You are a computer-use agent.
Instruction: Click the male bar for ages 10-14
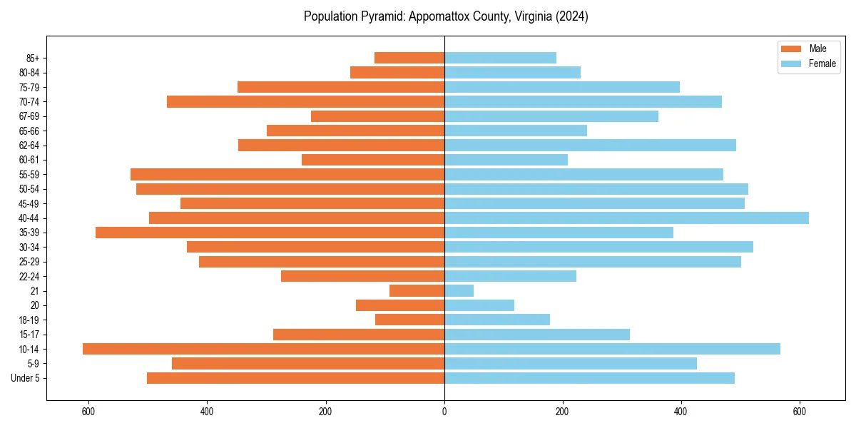263,349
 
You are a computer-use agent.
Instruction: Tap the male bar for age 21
417,291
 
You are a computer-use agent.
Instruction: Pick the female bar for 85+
500,58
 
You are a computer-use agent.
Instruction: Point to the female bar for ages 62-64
590,146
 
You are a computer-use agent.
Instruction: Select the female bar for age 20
479,305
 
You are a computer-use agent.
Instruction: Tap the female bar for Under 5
589,378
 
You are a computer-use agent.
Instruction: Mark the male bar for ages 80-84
397,73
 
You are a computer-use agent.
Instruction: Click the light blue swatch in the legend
791,63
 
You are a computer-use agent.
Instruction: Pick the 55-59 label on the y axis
29,175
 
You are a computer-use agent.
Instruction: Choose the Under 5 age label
26,378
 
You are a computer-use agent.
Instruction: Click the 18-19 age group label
29,320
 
